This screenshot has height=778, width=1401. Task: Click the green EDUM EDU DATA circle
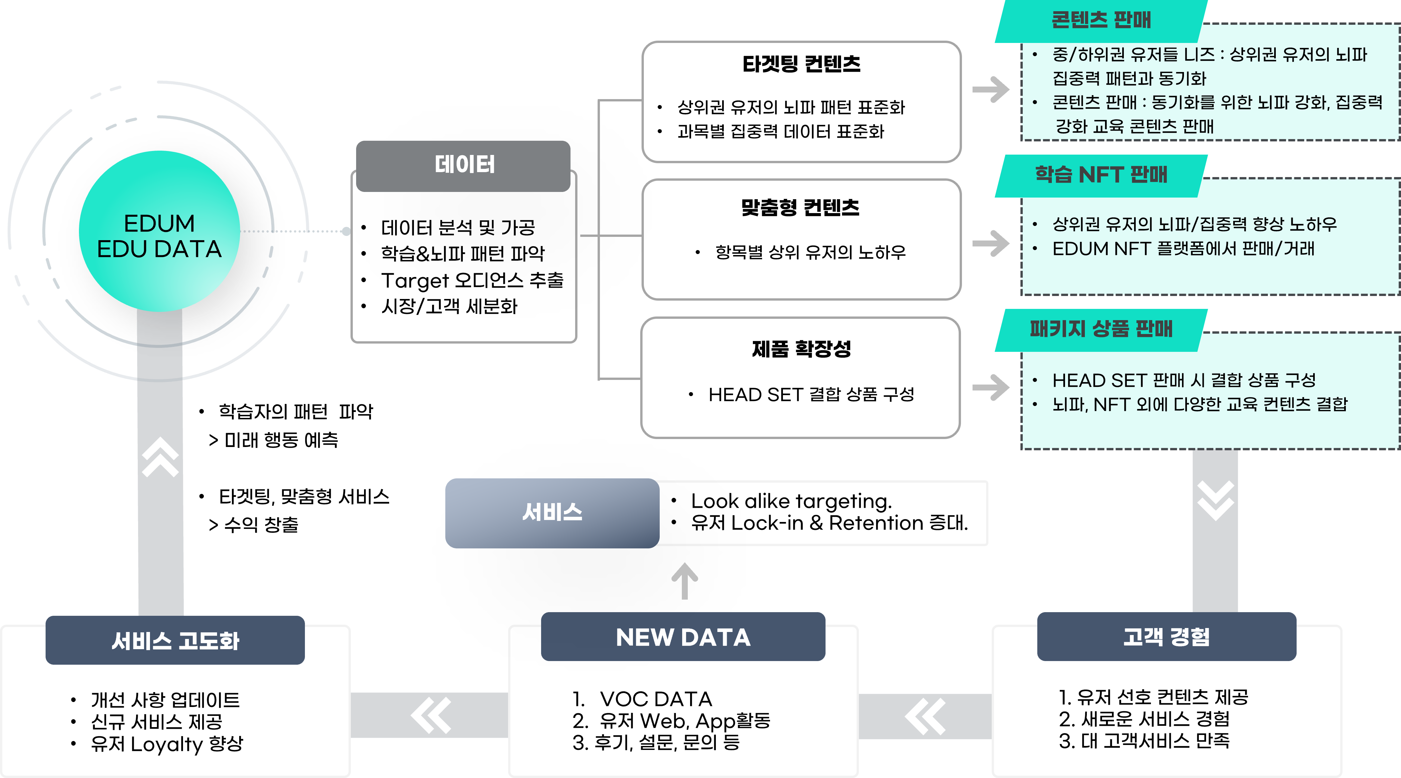159,231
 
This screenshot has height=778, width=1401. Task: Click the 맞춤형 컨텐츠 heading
800,207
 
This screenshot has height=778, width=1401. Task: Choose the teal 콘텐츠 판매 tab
1101,21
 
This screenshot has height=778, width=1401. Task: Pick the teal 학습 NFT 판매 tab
1101,175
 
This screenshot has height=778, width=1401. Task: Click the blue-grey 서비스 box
552,513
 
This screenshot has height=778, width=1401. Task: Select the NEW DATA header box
683,637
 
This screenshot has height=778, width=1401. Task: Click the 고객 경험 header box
1166,637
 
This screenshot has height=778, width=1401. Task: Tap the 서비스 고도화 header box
175,640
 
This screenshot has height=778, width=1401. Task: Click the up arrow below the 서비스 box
685,580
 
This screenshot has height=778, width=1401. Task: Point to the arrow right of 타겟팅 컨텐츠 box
990,89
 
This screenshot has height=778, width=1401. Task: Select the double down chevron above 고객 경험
1216,500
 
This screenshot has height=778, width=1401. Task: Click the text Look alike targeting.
791,500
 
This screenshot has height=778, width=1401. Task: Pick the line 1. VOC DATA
642,699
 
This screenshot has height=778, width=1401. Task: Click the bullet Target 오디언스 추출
472,280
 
